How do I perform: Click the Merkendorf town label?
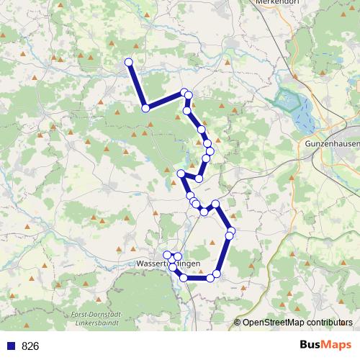(x=277, y=3)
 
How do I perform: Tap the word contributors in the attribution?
(x=330, y=323)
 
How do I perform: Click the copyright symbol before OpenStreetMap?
(x=238, y=323)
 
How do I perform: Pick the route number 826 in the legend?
(x=30, y=346)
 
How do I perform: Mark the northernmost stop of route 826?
(x=129, y=62)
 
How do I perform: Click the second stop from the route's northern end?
(x=145, y=108)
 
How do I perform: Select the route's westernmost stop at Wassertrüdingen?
(x=167, y=255)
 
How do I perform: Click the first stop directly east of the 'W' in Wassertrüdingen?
(x=178, y=257)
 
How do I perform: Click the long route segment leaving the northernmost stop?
(x=137, y=85)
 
